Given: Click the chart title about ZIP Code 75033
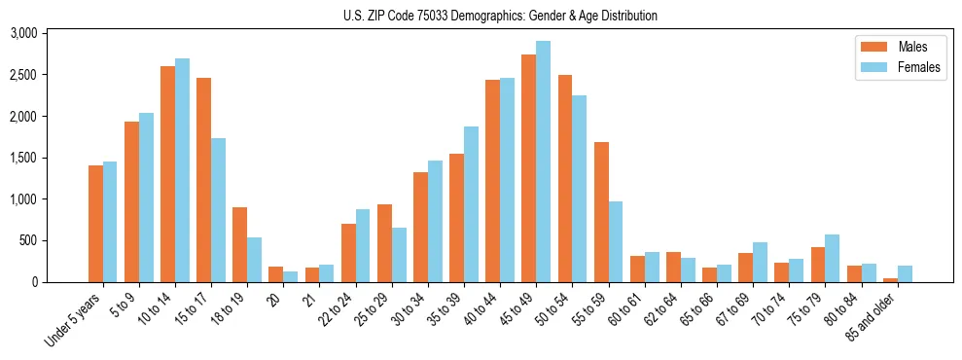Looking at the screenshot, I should [500, 16].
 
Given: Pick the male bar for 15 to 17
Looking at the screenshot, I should [203, 180].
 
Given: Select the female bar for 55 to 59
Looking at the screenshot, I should [615, 241].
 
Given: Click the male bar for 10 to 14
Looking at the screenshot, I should [167, 174].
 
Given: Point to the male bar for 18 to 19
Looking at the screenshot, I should [239, 244].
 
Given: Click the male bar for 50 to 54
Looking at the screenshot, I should [564, 178].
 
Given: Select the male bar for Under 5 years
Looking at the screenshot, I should [95, 224].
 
